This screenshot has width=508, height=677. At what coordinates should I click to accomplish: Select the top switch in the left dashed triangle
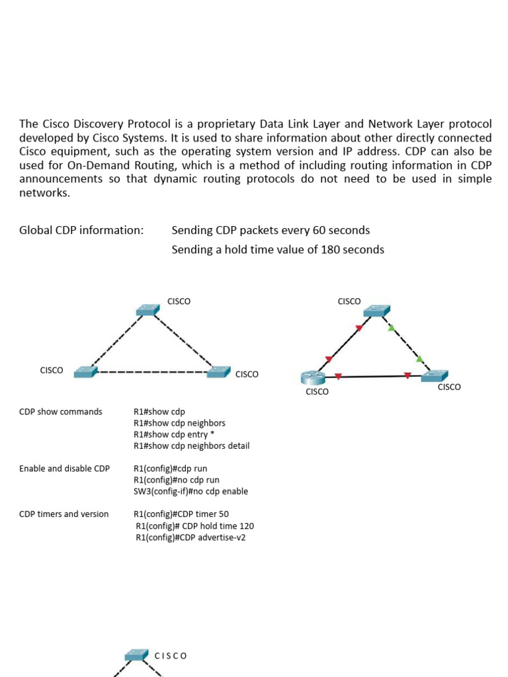[x=148, y=309]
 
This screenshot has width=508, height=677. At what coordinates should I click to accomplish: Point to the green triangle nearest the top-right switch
[x=391, y=328]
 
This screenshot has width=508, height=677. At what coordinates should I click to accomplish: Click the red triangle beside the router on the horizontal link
[x=338, y=377]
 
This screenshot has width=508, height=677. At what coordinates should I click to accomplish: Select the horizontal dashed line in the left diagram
[x=152, y=372]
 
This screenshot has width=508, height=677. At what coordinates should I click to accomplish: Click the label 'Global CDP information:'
[x=81, y=230]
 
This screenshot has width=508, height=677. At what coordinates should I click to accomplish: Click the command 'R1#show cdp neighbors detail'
[x=191, y=446]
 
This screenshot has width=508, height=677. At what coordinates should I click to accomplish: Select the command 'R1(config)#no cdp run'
[x=176, y=479]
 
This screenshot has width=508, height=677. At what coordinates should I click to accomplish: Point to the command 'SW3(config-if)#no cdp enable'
[x=190, y=491]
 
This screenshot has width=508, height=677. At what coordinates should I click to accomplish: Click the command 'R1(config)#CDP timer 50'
[x=181, y=514]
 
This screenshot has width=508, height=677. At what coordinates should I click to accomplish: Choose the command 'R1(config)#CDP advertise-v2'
[x=190, y=538]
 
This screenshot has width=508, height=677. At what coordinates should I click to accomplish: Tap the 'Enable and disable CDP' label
[x=64, y=468]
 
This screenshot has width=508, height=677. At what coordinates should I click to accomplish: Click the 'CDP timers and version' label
[x=63, y=514]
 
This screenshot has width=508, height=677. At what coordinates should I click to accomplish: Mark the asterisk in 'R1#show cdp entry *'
[x=212, y=434]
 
